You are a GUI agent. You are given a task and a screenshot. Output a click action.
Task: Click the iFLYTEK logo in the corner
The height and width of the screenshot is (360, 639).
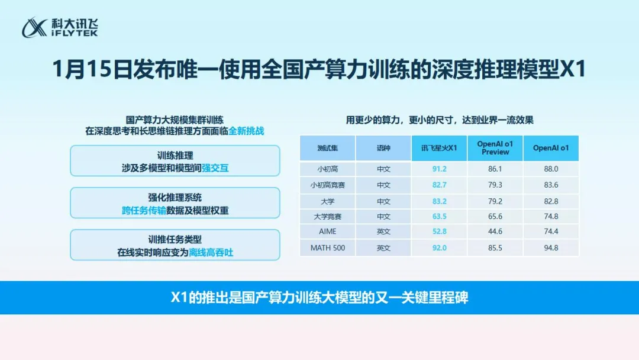pos(60,27)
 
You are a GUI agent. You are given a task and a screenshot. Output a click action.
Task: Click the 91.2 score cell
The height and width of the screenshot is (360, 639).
pos(440,169)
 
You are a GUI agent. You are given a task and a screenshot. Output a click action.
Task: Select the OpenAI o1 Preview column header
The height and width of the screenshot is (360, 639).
pos(495,147)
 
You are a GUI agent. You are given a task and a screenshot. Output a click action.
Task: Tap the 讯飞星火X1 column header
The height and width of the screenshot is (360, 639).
pos(440,148)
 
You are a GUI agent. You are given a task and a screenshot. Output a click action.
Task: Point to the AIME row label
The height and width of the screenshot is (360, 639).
pos(327,232)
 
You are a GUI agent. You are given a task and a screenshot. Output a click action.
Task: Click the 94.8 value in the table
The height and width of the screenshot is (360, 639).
pos(550,248)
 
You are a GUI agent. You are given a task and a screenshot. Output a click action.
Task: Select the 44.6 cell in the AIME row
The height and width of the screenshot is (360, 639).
pos(495,232)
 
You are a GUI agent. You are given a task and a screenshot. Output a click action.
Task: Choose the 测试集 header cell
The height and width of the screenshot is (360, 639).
pos(327,148)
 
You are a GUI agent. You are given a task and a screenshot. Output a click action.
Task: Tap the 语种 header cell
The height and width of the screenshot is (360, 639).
pos(383,148)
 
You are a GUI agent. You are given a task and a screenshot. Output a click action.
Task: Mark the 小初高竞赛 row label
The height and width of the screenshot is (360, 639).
pos(327,185)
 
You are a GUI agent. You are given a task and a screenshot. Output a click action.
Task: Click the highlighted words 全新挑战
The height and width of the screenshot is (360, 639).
pos(246,131)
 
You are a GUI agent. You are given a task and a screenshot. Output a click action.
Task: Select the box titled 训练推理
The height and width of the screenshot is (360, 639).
pos(175,161)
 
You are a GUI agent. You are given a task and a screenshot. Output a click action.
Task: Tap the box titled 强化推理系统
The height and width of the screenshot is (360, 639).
pos(175,203)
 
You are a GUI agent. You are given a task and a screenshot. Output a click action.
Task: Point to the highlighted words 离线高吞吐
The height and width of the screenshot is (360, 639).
pos(211,252)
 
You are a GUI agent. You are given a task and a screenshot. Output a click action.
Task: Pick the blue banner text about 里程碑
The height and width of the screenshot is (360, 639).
pos(319,298)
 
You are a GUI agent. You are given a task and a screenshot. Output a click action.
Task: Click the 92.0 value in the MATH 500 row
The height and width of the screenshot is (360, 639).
pos(440,248)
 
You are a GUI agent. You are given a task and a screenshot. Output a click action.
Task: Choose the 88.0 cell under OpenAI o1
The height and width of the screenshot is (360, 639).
pos(550,169)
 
